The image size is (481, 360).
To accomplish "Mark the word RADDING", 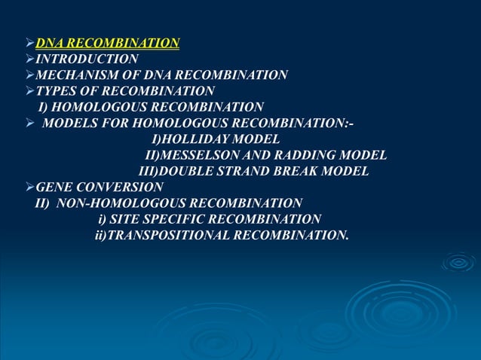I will (x=308, y=155).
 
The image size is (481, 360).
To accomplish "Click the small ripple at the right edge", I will (x=458, y=261).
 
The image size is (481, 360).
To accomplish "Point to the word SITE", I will (x=127, y=219).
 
